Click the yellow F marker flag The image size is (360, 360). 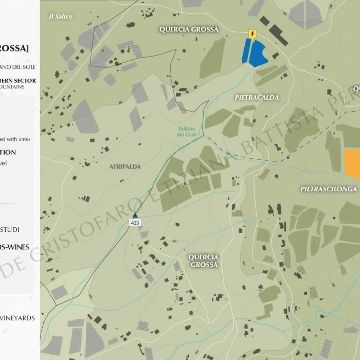point(252,34)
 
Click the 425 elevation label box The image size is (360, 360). point(136,223)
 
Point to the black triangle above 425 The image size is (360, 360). point(136,215)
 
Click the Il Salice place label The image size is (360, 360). point(61,16)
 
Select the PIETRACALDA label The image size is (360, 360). point(257,97)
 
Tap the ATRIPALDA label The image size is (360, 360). point(121,167)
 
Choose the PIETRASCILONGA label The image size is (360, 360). point(329,189)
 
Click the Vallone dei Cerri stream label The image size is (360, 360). point(187,131)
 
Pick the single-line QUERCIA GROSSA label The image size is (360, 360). point(189,29)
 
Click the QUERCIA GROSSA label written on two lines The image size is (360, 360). point(203,261)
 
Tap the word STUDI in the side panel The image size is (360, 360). point(10,229)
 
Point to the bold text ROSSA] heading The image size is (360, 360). point(14,48)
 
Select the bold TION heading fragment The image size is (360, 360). point(8,152)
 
